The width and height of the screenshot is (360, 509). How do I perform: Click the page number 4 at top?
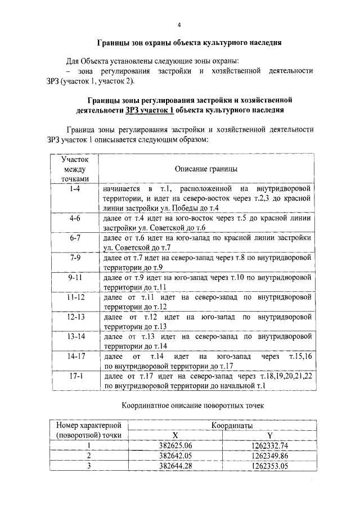coord(179,25)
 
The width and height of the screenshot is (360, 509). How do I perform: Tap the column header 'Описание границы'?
coord(205,169)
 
